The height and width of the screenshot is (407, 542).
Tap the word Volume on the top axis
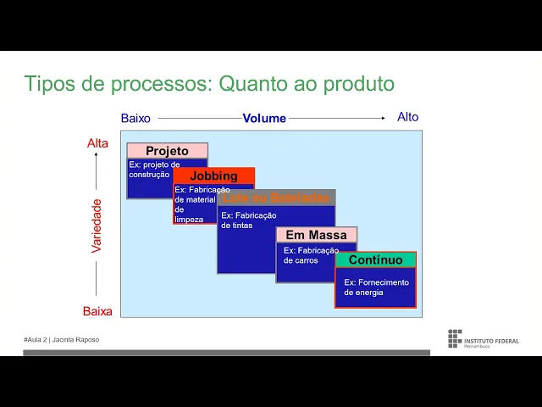coord(264,119)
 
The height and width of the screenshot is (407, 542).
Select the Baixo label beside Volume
coord(135,119)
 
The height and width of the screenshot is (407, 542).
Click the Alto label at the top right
coord(407,117)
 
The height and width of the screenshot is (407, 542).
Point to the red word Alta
coord(97,143)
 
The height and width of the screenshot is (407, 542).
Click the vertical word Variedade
coord(97,226)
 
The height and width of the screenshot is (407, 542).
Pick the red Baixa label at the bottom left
coord(97,311)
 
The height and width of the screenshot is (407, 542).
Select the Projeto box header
coord(167,151)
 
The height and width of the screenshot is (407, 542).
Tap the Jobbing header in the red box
coord(213,176)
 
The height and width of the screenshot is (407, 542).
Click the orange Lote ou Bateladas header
coord(275,198)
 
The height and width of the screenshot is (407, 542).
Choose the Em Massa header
coord(316,235)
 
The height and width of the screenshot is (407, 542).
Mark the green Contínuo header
coord(375,259)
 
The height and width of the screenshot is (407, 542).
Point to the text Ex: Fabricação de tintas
coord(248,220)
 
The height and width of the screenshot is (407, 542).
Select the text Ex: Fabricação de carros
coord(310,255)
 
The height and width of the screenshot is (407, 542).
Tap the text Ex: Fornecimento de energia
coord(376,287)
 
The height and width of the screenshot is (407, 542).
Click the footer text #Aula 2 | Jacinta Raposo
coord(61,339)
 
